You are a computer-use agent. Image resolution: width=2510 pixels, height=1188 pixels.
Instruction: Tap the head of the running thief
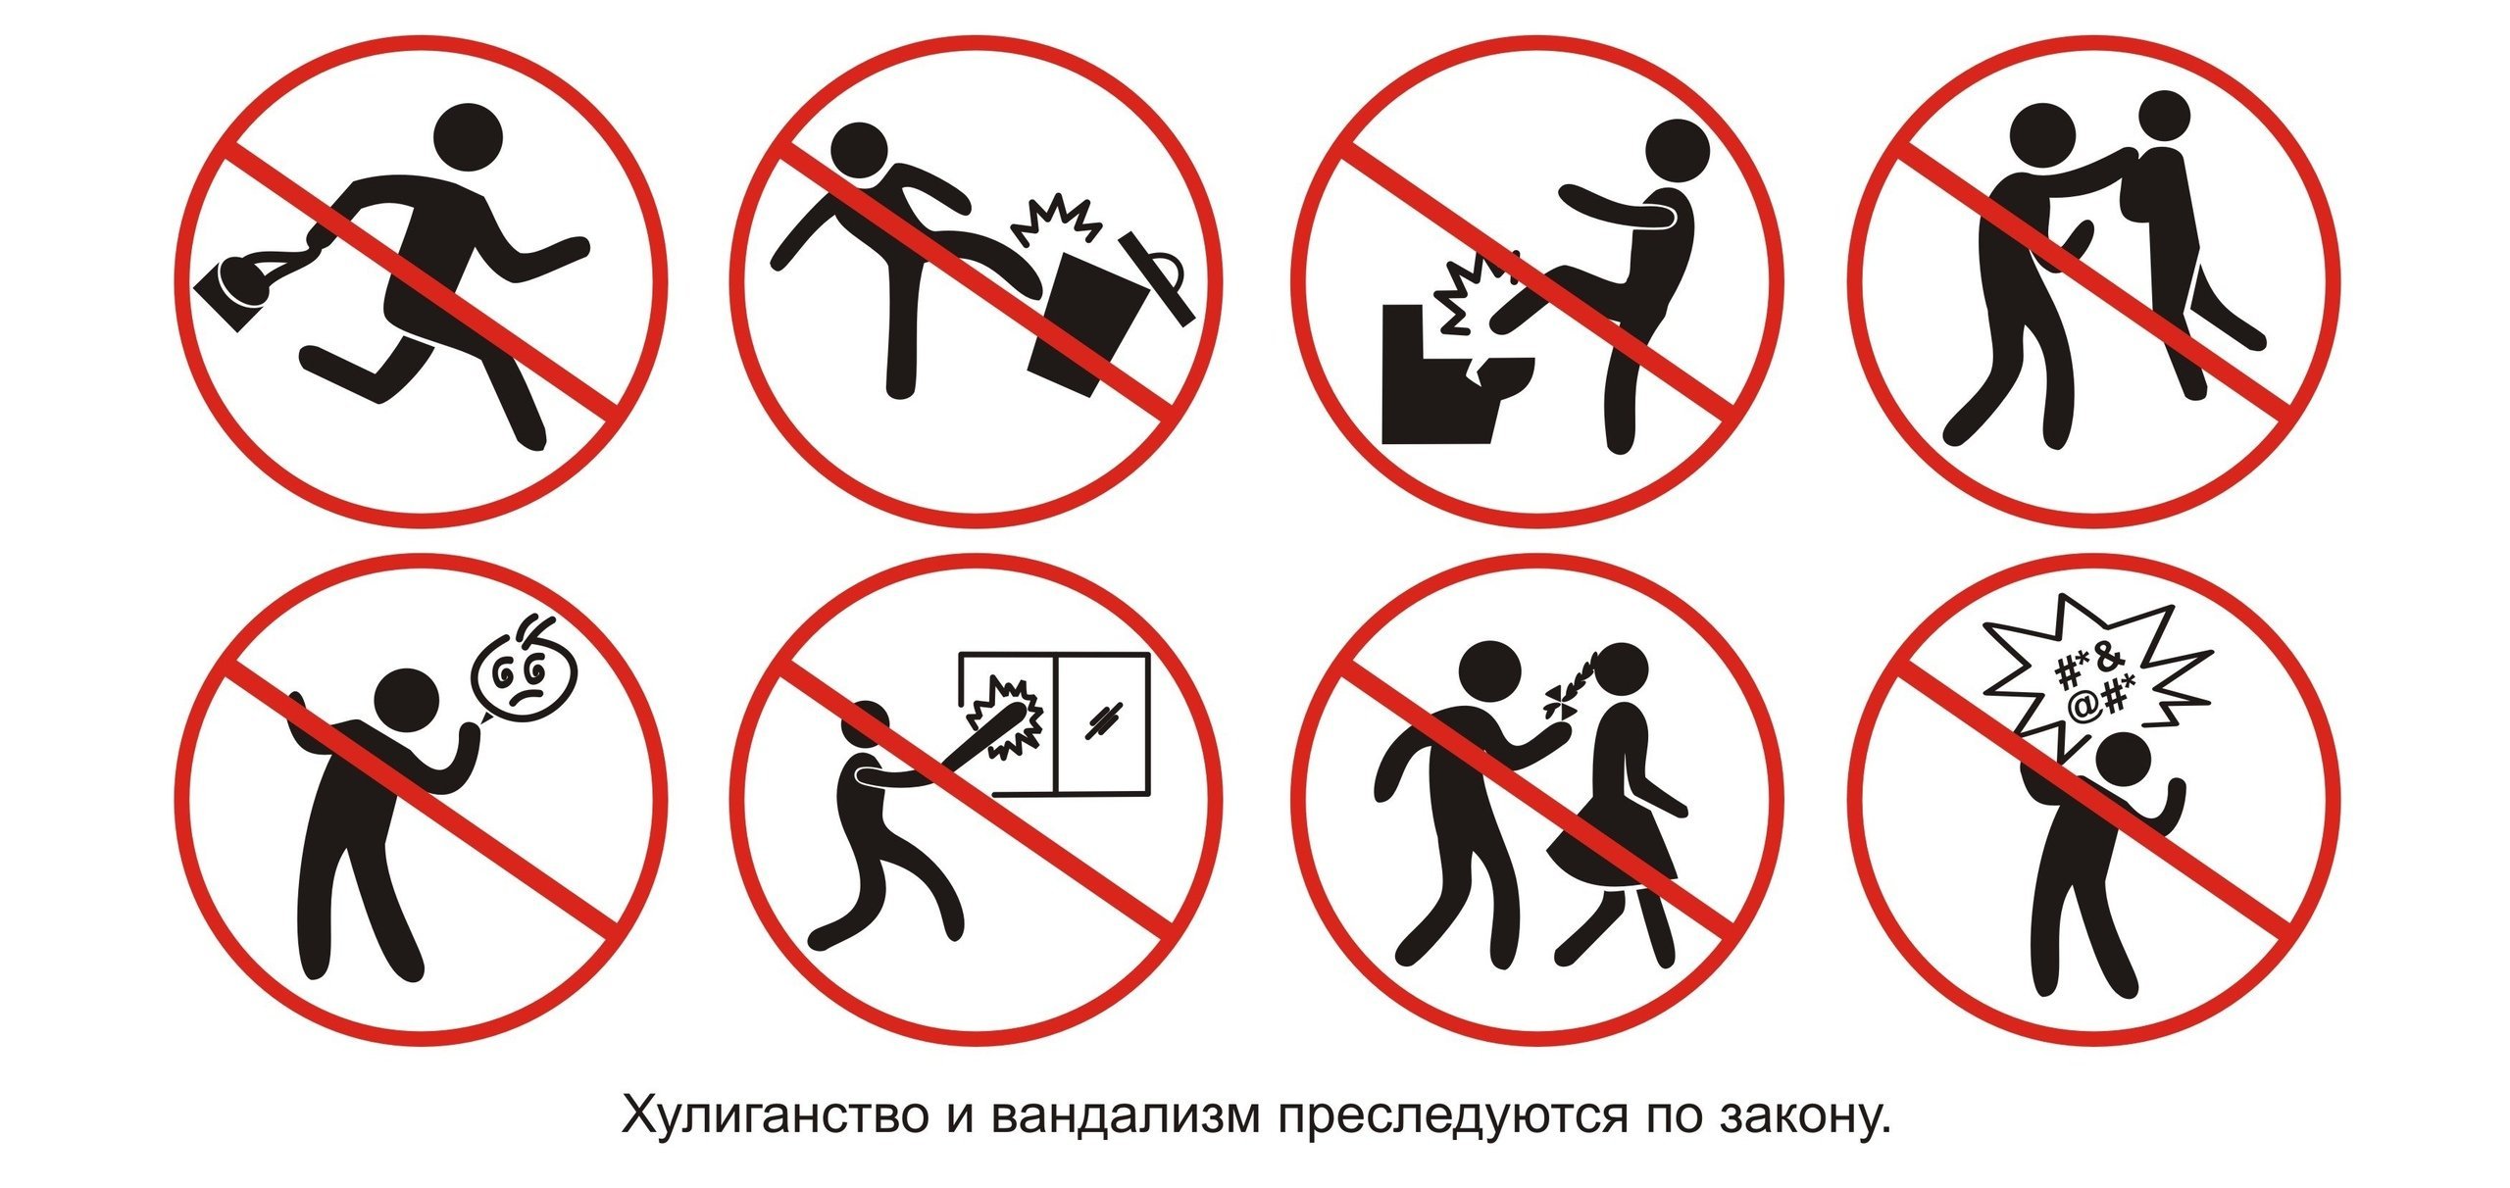pos(469,140)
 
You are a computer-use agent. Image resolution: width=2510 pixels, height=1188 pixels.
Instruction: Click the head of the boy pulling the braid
pos(1490,674)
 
